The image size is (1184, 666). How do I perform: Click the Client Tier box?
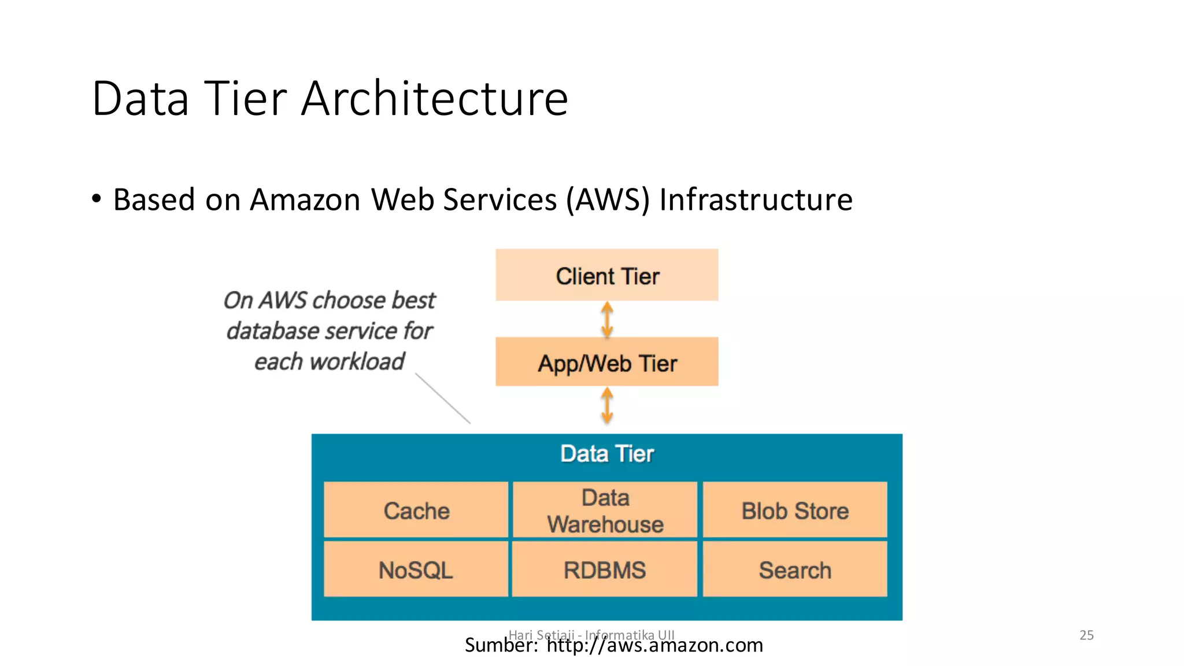[606, 275]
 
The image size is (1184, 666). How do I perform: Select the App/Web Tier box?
[606, 362]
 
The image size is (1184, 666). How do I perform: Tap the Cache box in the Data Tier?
[416, 510]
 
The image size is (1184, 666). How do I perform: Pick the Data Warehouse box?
[605, 510]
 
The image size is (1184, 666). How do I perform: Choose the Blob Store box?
[795, 510]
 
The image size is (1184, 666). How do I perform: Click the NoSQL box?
[416, 569]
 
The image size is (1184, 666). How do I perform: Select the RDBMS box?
[605, 569]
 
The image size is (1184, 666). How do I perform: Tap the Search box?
[795, 569]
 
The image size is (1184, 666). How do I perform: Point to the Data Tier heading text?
[606, 454]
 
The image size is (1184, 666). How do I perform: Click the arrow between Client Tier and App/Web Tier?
[607, 319]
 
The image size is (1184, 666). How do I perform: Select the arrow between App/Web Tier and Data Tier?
[607, 405]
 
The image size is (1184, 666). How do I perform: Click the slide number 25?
[1086, 635]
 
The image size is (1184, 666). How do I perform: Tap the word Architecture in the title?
[435, 98]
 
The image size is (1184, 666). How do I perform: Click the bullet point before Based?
[97, 198]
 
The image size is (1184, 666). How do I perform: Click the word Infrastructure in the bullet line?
[756, 200]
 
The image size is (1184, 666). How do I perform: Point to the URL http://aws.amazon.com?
[654, 645]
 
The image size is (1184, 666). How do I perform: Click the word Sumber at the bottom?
[501, 645]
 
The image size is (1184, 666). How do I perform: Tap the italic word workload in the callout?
[357, 362]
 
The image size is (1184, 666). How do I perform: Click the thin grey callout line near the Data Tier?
[443, 398]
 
